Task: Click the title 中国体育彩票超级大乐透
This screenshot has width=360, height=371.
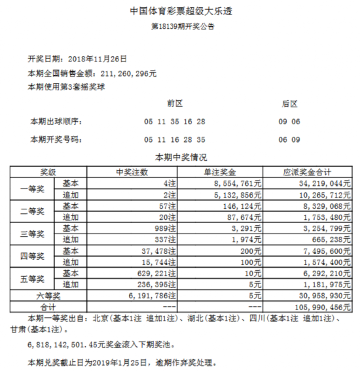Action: coord(179,12)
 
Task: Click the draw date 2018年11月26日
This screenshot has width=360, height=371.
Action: coord(98,58)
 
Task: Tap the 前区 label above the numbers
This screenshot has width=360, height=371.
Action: coord(175,103)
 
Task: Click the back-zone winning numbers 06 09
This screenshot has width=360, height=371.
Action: coord(289,139)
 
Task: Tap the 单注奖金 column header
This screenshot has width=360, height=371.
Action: coord(218,173)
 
